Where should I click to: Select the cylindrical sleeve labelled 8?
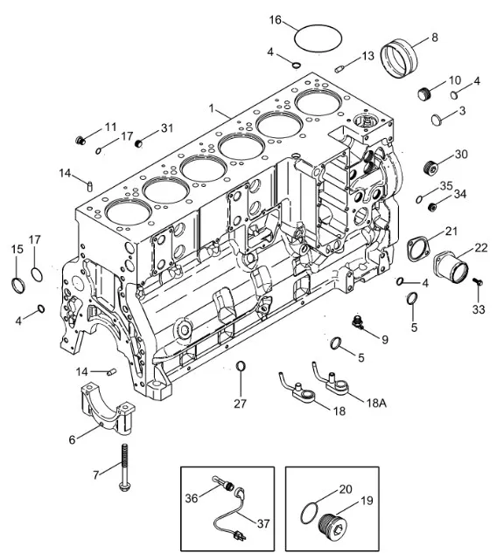pyautogui.click(x=399, y=59)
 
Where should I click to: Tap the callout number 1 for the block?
pyautogui.click(x=212, y=108)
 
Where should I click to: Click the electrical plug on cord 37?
pyautogui.click(x=239, y=536)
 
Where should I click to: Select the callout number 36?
pyautogui.click(x=192, y=498)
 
